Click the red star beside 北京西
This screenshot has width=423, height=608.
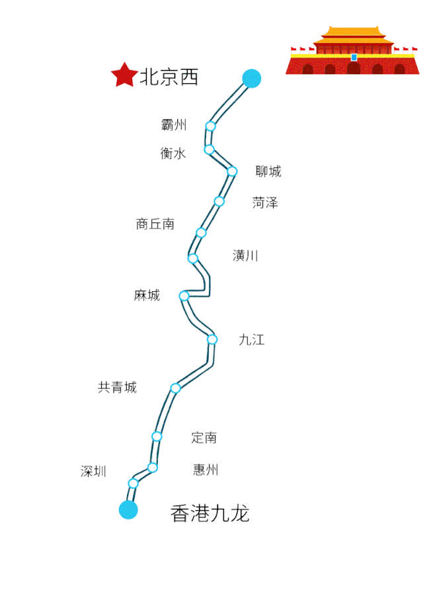tap(124, 75)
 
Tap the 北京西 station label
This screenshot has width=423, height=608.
tap(169, 77)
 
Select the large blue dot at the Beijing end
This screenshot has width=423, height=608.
tap(251, 79)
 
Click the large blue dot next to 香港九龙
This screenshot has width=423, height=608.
tap(128, 509)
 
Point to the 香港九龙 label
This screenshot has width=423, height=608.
tap(210, 513)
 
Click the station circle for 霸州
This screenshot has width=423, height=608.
tap(211, 126)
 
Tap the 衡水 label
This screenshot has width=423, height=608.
tap(173, 153)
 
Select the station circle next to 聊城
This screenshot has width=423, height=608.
tap(232, 171)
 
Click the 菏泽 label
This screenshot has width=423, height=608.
tap(265, 202)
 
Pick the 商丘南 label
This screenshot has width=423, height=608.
tap(155, 224)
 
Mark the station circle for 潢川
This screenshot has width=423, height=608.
tap(193, 258)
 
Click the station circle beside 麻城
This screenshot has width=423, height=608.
tap(184, 296)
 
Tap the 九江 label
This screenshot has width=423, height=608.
tap(252, 340)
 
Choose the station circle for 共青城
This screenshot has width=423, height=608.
tap(175, 388)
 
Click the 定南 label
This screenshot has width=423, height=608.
tap(204, 437)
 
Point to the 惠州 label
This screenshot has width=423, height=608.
tap(206, 470)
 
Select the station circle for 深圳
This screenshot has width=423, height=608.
tap(134, 483)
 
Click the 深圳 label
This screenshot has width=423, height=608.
tap(94, 472)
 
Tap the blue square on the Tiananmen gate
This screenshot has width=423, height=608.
tap(354, 58)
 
